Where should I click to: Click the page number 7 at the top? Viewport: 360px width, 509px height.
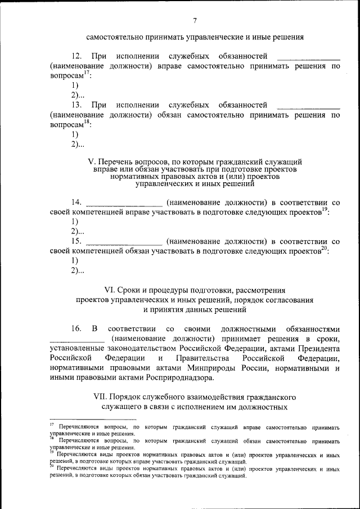[195, 21]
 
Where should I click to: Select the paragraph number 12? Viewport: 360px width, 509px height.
[77, 56]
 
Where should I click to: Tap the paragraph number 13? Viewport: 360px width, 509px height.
[77, 105]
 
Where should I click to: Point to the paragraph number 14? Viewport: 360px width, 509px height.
[77, 202]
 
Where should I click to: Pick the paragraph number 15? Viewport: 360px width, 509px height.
[77, 241]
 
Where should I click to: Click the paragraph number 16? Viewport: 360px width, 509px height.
[77, 328]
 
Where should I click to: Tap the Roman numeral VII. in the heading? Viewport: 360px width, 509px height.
[100, 397]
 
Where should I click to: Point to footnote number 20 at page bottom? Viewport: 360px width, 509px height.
[51, 466]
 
